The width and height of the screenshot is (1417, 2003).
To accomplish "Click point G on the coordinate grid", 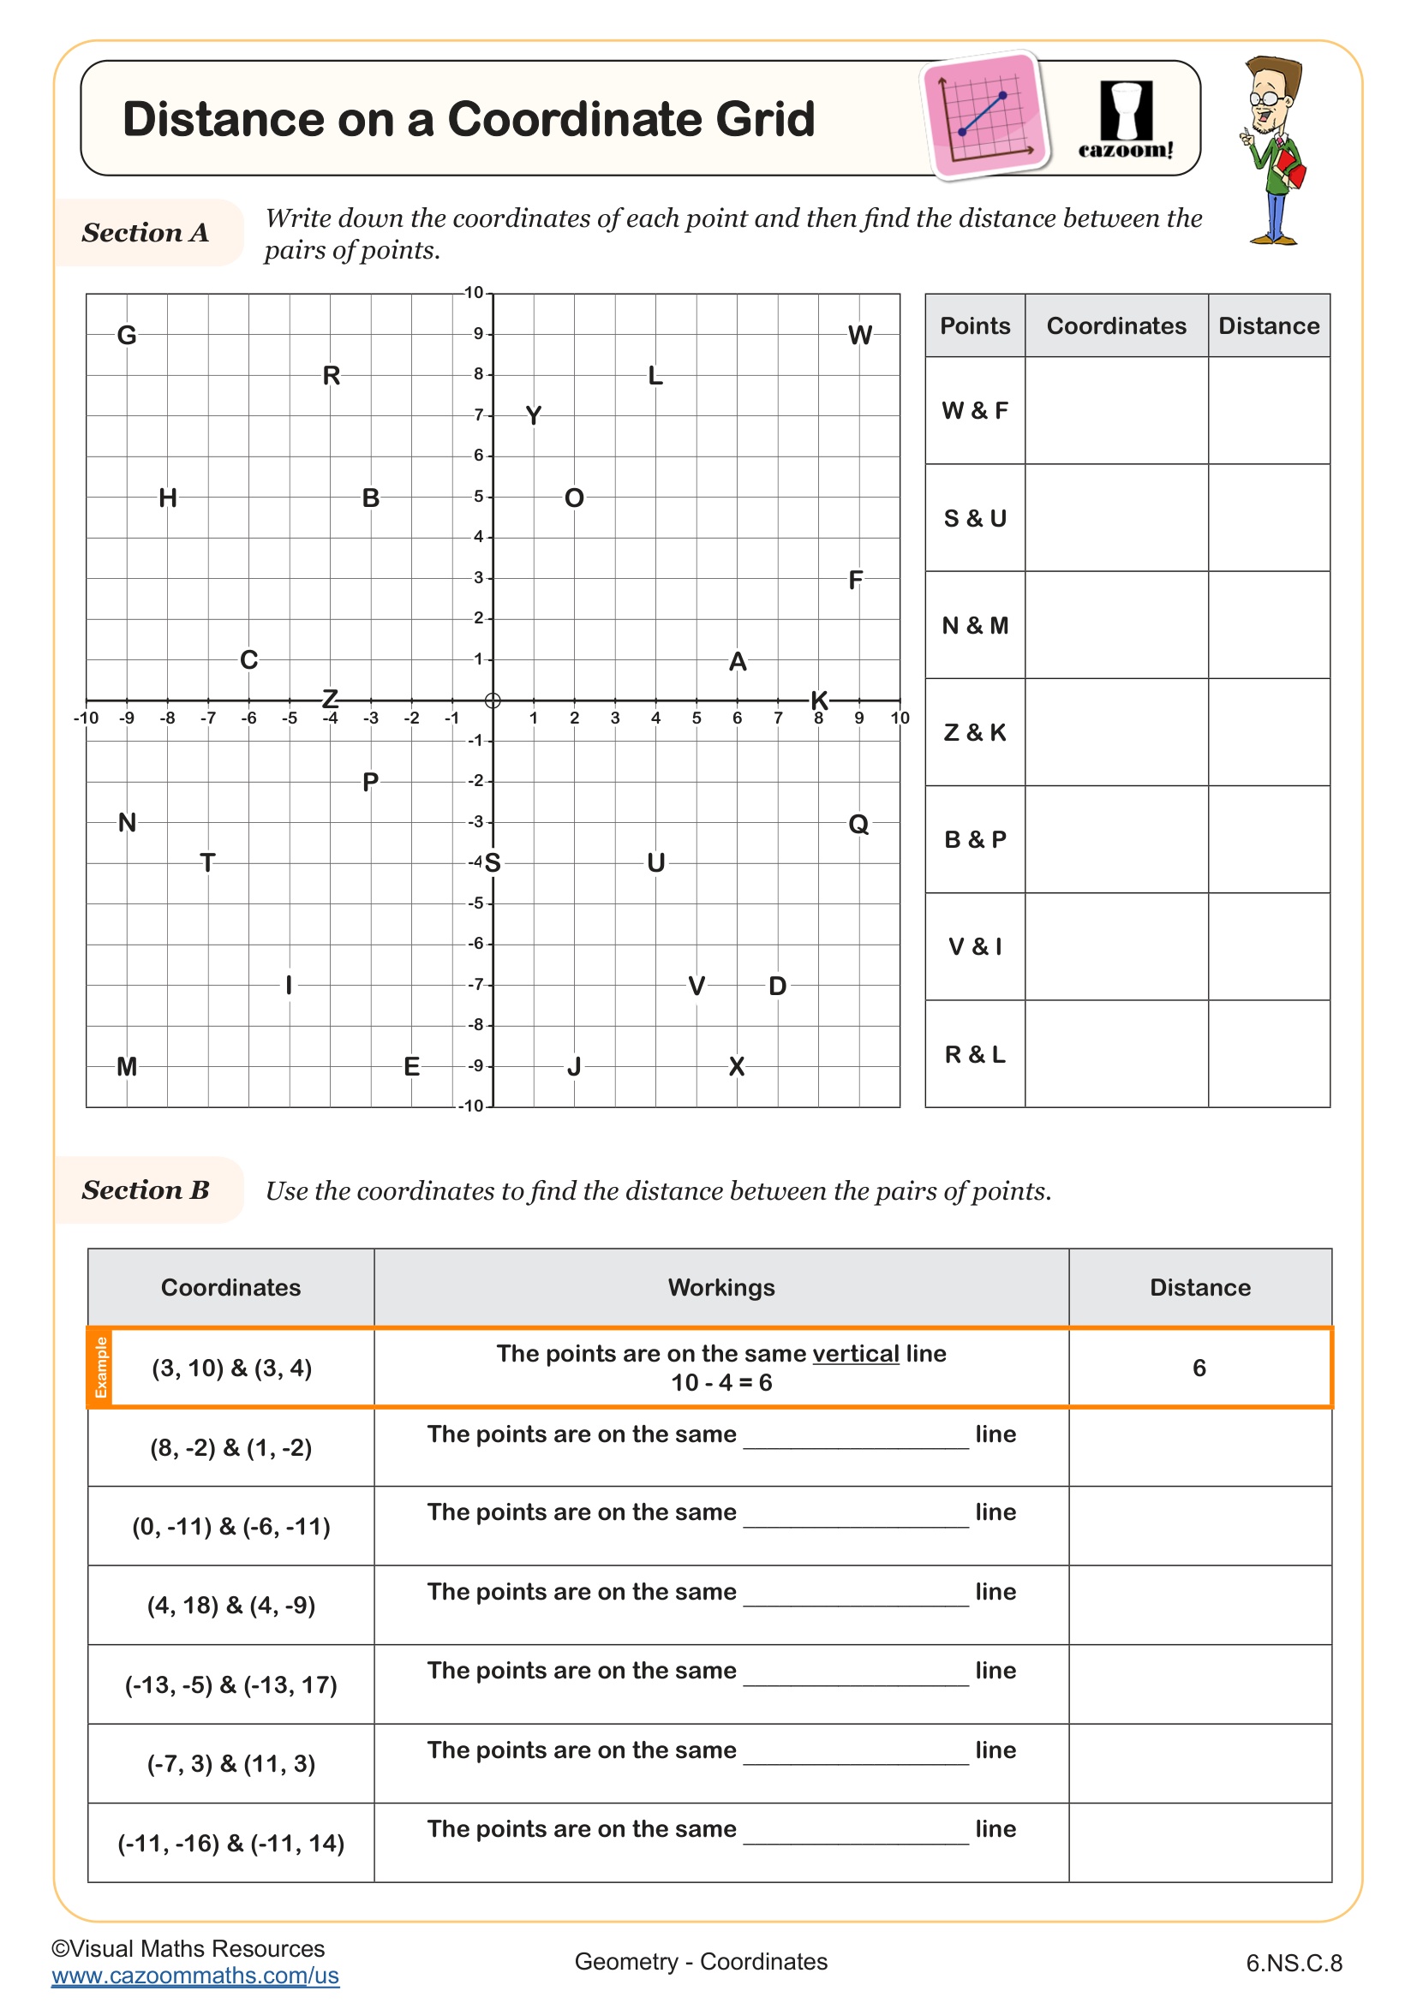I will (127, 335).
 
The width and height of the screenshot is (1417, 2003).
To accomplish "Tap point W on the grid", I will (859, 335).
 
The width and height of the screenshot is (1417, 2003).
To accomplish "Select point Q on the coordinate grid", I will (858, 824).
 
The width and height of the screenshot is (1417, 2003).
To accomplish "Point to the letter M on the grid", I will (127, 1066).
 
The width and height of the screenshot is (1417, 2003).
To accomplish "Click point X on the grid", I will (737, 1066).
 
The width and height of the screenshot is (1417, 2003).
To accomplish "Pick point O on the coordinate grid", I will (574, 498).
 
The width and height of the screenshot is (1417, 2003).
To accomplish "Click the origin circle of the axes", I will (493, 700).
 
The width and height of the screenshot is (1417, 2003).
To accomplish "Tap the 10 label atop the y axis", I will (474, 293).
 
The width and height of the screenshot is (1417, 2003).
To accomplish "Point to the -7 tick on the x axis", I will (207, 718).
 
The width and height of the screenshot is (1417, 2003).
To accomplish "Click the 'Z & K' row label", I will (975, 733).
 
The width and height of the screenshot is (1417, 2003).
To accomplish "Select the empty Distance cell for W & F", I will (1269, 410).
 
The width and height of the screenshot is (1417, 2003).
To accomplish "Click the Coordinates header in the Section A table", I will (1116, 326).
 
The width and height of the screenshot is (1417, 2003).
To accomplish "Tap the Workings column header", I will (720, 1288).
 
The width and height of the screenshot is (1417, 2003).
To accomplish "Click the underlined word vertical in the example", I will (855, 1354).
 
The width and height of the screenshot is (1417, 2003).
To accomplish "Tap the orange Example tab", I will (100, 1367).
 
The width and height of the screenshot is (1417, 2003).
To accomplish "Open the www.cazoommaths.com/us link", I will (194, 1975).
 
